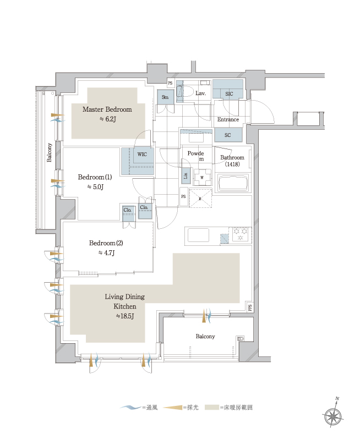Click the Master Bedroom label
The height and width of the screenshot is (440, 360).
pos(107,109)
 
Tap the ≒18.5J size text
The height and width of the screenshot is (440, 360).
pos(125,316)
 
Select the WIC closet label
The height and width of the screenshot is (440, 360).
pos(142,155)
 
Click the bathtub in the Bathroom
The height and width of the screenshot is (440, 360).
pos(233,183)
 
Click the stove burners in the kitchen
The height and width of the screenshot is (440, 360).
pos(241,235)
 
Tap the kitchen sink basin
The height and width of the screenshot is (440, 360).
pos(199,235)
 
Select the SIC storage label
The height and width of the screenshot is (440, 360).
pos(229,94)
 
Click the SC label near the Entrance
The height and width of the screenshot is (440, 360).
pos(228,135)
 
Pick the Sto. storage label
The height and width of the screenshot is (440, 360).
pos(165,97)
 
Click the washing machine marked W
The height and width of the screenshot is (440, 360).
pos(202,177)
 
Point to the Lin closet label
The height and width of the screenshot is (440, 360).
pos(186,176)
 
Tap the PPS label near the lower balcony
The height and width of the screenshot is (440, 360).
pos(250,307)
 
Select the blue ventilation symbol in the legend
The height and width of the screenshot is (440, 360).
pos(130,407)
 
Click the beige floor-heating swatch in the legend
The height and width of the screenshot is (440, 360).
pos(212,407)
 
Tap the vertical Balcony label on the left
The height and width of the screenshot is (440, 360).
pos(49,152)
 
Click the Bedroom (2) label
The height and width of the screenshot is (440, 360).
pos(106,243)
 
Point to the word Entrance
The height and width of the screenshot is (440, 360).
pos(228,119)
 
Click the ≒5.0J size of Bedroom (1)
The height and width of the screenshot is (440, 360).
pos(95,186)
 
